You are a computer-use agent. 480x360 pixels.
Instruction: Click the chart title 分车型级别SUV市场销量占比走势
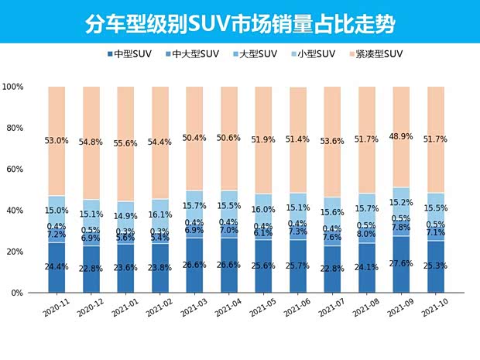point(240,23)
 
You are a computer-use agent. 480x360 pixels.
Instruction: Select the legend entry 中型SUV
point(129,54)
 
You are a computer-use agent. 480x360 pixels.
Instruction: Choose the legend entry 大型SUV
point(255,54)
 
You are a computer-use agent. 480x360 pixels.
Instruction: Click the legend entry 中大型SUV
point(192,54)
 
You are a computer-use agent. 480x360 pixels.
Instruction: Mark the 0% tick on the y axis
point(18,293)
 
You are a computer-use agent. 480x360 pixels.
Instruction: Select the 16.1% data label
point(160,193)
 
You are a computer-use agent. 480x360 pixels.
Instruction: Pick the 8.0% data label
point(367,234)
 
